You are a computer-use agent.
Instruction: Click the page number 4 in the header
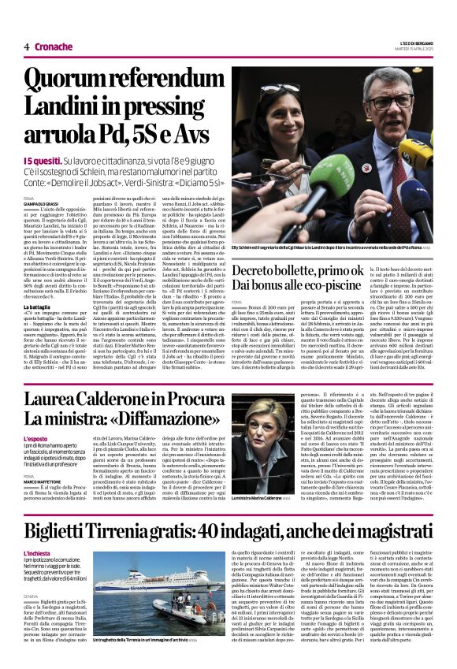[x=26, y=46]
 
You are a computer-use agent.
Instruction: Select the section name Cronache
[x=54, y=46]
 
